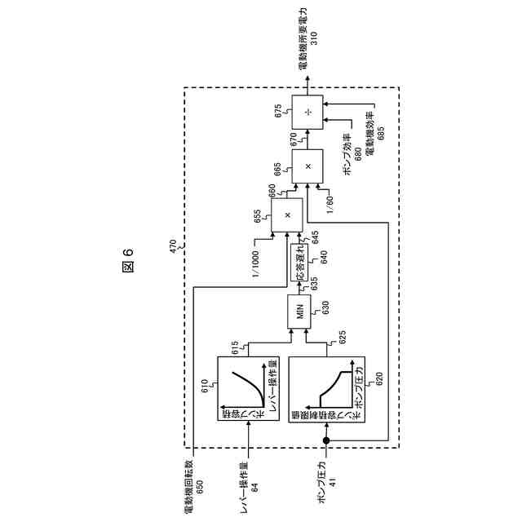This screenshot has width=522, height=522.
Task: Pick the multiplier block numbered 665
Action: point(307,166)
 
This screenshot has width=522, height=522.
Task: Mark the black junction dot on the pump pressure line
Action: point(326,441)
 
